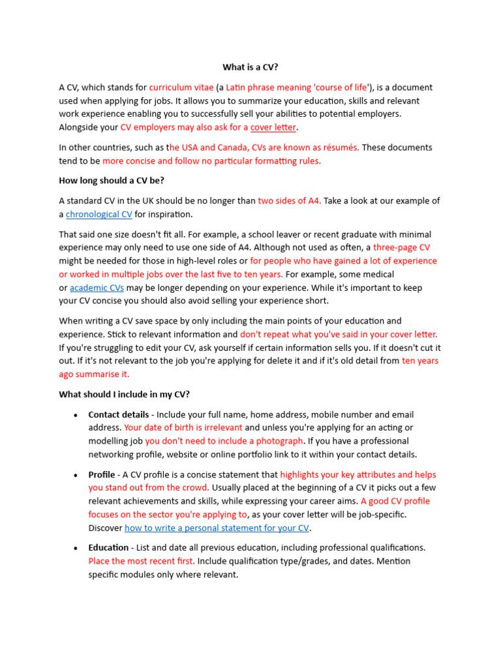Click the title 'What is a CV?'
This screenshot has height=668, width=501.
250,67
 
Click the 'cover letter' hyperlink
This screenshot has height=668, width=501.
273,127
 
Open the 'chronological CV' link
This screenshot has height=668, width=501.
99,214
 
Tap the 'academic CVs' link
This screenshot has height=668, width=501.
97,288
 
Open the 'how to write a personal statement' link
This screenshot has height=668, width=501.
217,528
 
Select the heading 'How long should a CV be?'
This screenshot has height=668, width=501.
117,181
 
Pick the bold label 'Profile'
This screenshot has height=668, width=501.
102,474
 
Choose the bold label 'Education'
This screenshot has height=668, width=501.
108,547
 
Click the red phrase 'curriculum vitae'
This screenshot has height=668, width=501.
181,87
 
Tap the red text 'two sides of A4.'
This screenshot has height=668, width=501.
290,201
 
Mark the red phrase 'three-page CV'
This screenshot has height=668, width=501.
401,247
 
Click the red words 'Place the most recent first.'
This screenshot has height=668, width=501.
142,561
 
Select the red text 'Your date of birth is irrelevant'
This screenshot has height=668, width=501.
183,427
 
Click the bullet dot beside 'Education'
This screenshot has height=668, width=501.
76,548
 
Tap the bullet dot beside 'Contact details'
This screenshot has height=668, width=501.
76,415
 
